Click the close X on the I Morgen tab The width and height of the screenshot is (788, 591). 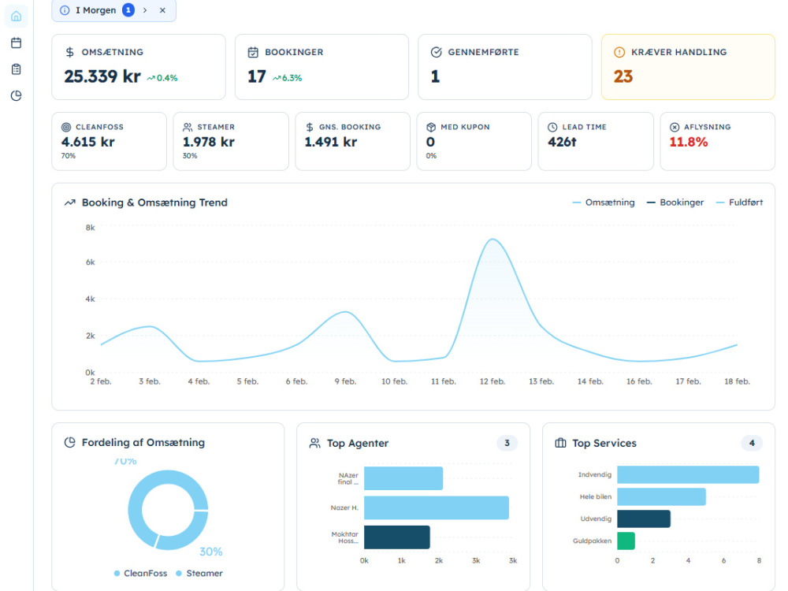162,10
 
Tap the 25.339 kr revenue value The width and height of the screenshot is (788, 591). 102,76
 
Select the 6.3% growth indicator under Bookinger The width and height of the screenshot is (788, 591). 287,78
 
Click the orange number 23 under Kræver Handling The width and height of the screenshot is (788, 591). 623,76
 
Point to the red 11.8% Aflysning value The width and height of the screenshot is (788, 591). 688,142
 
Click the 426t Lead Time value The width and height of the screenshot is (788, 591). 562,142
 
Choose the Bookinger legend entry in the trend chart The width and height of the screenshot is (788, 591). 675,203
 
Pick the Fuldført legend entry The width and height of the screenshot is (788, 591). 739,203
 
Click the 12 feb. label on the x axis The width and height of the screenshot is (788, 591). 492,381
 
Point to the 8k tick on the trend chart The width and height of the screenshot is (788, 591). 90,228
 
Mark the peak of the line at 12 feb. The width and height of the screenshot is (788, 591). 492,240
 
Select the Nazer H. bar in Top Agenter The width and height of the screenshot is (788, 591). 437,507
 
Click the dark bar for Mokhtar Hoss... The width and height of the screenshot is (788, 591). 397,537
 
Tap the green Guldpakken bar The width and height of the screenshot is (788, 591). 626,541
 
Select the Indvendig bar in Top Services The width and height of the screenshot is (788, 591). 688,474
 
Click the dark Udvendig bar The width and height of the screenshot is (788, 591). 644,519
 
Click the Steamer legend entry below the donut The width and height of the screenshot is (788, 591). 199,574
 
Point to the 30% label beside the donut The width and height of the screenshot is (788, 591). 210,552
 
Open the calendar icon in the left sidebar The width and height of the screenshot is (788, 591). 16,43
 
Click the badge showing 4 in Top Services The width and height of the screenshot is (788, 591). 752,443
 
